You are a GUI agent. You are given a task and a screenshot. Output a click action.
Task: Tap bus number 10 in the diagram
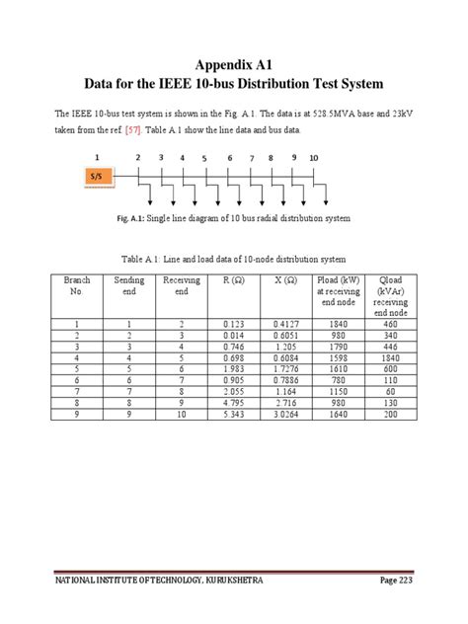314,158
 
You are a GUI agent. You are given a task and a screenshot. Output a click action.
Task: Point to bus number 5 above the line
204,158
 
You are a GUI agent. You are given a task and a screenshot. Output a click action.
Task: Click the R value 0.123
233,324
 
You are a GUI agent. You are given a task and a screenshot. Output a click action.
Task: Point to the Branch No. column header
77,286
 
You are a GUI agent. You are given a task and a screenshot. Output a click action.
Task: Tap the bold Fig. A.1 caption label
131,218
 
